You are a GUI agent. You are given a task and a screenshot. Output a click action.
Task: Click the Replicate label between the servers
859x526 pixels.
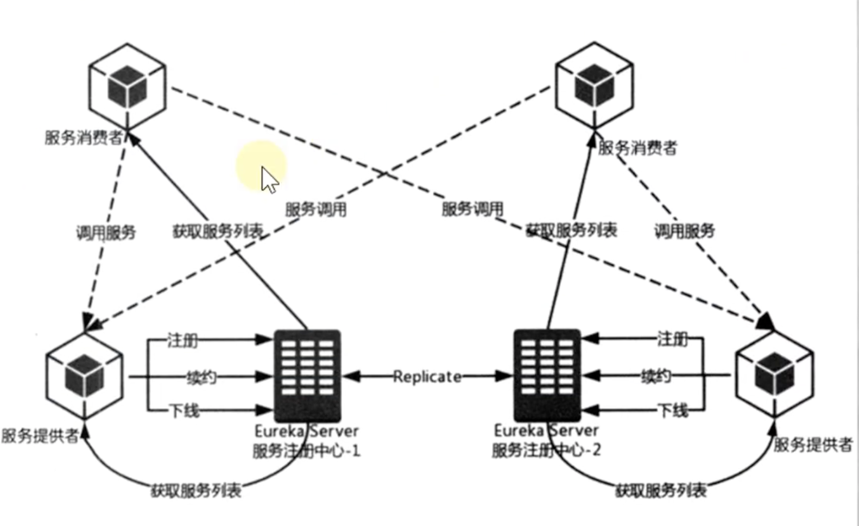(427, 376)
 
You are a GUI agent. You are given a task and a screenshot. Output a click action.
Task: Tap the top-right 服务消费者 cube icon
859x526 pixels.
(594, 86)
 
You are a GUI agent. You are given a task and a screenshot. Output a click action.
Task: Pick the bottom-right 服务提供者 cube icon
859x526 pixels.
(774, 375)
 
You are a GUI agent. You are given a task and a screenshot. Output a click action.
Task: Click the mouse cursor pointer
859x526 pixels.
(269, 179)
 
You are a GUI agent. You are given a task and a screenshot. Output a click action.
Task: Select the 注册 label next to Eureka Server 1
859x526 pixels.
(182, 341)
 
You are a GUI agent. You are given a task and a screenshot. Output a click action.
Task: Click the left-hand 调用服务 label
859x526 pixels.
(106, 233)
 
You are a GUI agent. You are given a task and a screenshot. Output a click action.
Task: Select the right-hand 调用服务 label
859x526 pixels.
(684, 231)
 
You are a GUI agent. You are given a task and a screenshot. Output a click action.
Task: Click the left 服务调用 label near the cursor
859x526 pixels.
(316, 209)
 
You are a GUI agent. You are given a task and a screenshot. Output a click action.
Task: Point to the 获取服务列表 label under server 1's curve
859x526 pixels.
(196, 491)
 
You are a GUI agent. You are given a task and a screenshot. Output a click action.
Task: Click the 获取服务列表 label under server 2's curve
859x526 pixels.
(661, 491)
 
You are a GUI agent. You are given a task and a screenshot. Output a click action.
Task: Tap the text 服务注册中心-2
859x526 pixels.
(546, 450)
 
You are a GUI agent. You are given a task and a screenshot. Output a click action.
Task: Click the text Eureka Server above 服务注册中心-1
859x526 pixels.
(306, 431)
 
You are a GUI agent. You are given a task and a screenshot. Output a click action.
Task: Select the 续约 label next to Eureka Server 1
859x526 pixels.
(201, 377)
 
